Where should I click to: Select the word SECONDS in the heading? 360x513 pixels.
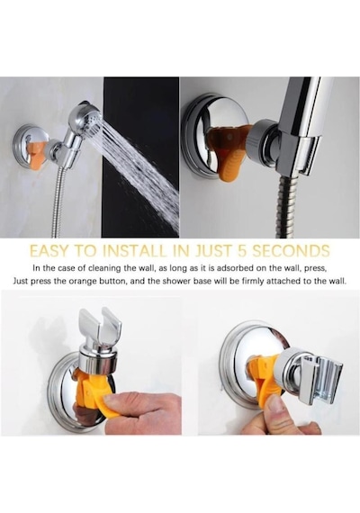click(291, 251)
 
